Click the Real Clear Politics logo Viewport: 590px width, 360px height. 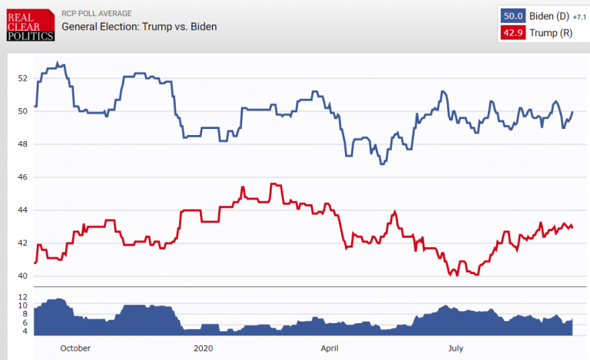click(28, 25)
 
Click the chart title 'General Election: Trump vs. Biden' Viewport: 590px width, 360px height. click(140, 27)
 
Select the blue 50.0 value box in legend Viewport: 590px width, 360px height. click(512, 15)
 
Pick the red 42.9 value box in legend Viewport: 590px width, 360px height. click(512, 32)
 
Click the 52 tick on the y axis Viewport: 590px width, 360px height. click(22, 78)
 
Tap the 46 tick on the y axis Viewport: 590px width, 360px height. click(22, 177)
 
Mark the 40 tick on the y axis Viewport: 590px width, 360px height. click(22, 276)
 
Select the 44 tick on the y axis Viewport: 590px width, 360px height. click(22, 210)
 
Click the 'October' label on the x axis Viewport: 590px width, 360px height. click(75, 348)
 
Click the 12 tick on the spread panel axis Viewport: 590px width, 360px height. click(22, 297)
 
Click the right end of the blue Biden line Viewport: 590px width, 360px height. click(573, 111)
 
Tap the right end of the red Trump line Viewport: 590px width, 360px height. click(573, 227)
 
